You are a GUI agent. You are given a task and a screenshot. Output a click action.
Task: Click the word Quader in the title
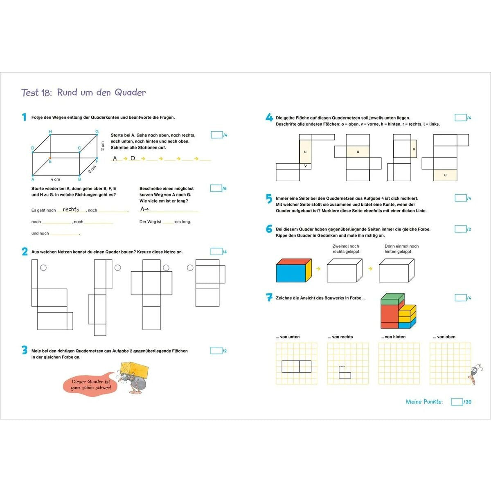130,92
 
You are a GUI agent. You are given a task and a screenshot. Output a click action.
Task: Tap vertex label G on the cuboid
97,132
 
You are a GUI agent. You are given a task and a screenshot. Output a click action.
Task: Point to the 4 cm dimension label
55,179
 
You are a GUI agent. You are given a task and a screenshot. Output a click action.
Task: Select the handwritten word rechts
71,209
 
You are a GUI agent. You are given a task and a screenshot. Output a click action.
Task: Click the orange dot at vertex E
50,158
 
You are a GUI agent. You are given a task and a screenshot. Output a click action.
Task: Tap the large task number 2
25,252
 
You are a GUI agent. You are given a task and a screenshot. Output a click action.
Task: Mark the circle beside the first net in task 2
43,268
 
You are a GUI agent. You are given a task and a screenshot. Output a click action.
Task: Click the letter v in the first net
305,166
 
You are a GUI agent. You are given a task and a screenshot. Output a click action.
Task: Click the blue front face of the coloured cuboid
291,273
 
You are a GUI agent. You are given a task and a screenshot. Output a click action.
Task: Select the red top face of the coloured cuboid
294,261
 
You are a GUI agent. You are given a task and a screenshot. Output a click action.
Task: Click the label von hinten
393,337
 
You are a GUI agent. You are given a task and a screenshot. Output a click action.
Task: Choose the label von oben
444,337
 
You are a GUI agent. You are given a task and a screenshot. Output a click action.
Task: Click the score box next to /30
457,402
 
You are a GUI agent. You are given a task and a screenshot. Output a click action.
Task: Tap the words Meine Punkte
424,402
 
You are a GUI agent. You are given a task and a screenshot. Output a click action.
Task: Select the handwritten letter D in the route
133,158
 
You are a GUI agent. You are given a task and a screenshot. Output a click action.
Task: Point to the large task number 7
269,297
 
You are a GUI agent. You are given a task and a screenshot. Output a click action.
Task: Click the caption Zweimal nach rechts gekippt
346,249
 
